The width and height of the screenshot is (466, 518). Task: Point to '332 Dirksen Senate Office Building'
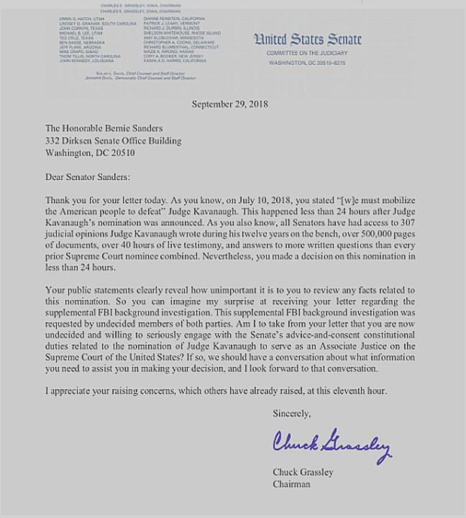point(114,141)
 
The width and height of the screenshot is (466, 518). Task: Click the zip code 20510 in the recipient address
point(120,153)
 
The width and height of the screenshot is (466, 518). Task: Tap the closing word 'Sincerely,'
point(292,414)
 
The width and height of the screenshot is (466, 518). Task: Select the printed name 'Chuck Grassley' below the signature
point(302,472)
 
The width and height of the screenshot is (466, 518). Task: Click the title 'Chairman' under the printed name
point(291,484)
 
